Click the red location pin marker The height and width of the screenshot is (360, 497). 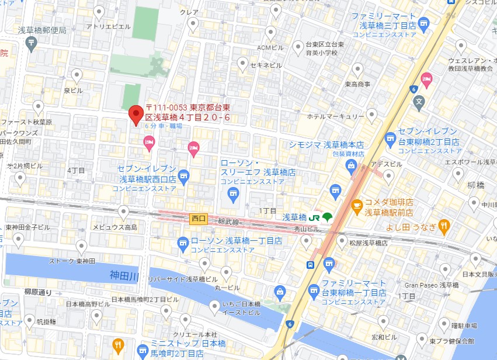(x=135, y=114)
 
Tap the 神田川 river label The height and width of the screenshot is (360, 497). (x=124, y=275)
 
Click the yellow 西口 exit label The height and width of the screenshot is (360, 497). (x=199, y=219)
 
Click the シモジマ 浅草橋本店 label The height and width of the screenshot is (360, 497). (x=326, y=145)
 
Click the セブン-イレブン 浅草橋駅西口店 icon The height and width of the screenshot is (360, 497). (x=184, y=175)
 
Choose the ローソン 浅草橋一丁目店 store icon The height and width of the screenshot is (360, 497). (x=183, y=241)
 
